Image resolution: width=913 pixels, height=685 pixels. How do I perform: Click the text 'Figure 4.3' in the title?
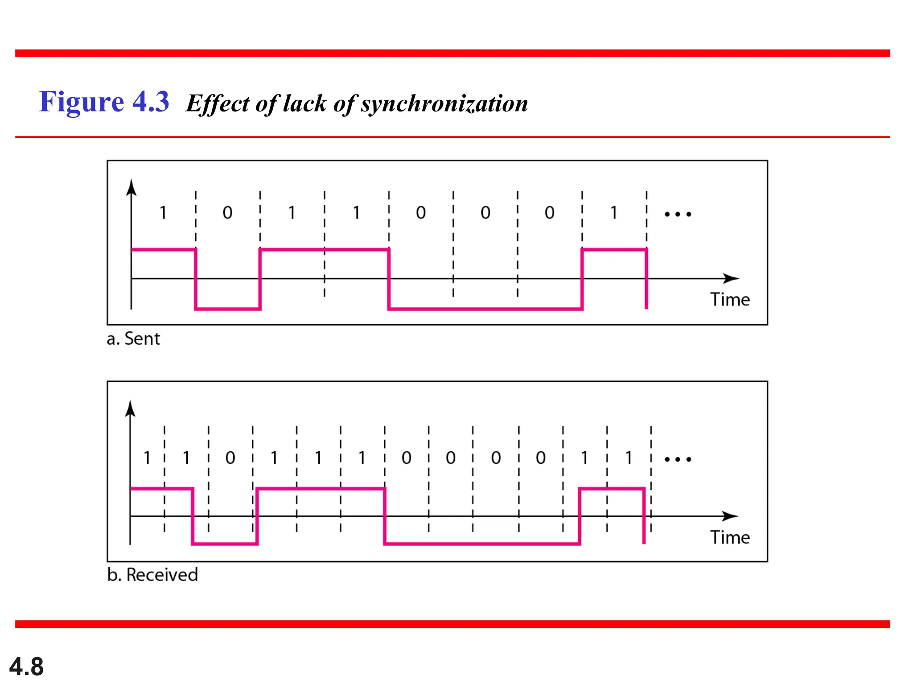104,102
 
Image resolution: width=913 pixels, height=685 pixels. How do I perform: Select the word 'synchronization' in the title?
444,104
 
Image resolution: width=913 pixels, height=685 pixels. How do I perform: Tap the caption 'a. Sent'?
133,339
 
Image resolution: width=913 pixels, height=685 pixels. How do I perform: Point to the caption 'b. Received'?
152,575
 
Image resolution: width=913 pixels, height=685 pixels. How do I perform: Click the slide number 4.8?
26,667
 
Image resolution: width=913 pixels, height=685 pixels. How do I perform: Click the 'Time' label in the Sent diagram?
730,300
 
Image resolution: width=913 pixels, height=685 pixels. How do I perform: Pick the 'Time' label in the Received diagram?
730,537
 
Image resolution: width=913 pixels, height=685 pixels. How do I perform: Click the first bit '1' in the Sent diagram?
163,213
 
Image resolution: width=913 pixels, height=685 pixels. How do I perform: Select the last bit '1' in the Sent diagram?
614,213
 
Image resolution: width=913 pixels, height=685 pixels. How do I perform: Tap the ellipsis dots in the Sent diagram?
678,215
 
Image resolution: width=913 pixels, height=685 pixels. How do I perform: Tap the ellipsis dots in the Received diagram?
678,459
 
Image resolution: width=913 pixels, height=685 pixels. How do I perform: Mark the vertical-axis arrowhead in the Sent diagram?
131,188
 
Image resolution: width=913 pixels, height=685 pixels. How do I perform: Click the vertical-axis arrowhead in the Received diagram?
130,409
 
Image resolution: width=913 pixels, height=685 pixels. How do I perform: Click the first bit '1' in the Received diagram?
147,458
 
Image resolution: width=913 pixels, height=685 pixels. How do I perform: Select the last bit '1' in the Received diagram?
629,458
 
